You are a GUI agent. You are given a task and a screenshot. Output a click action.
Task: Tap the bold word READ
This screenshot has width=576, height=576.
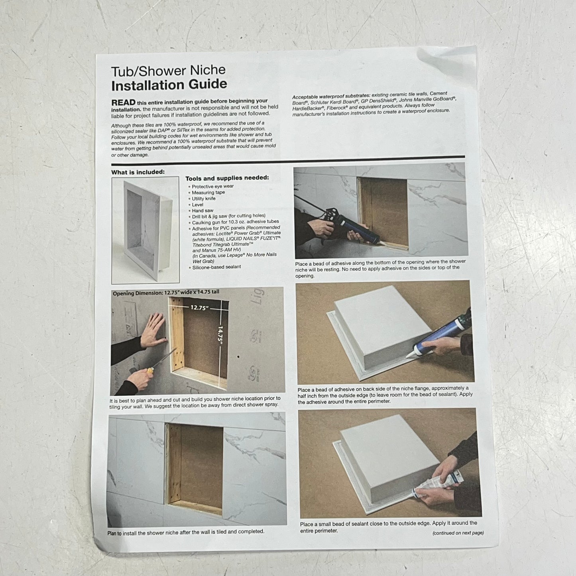point(123,102)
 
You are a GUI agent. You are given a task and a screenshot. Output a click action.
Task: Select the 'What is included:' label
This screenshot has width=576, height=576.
point(138,172)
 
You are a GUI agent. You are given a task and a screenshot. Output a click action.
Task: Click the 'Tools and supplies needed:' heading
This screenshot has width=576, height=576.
point(227,178)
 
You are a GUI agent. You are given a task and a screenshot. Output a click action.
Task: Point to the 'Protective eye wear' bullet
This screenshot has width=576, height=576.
point(212,186)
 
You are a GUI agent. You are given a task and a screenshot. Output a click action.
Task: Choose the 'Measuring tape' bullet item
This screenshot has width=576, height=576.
point(208,193)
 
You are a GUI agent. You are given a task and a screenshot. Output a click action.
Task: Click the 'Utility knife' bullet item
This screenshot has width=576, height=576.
point(203,199)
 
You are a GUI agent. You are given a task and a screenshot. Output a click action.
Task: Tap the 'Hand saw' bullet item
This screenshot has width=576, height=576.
point(202,210)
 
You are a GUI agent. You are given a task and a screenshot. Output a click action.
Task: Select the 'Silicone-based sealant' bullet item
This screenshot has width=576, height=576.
point(216,267)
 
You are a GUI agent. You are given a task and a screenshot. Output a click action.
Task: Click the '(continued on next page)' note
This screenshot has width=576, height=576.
point(458,533)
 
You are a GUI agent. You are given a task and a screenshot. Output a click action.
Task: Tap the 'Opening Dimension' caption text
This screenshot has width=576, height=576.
point(166,293)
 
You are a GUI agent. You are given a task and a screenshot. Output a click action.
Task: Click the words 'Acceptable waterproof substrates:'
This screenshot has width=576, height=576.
point(331,96)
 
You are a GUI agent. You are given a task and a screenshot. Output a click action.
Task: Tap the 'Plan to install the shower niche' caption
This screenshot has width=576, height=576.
point(185,532)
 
